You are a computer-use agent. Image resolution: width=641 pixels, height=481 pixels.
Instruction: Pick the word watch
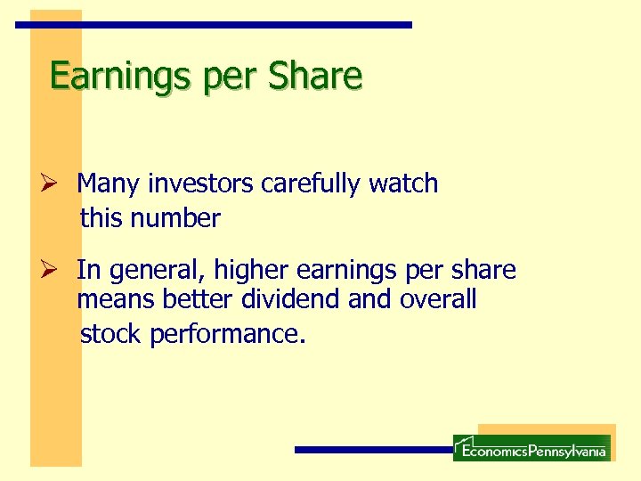[403, 183]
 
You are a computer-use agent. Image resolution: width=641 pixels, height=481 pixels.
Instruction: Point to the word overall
[438, 300]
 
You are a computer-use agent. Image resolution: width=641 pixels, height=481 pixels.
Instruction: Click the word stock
[112, 334]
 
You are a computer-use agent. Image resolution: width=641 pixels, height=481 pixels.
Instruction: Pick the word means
[117, 301]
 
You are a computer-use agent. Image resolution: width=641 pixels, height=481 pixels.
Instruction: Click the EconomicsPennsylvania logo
[531, 448]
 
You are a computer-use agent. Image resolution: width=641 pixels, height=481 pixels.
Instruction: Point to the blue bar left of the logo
[374, 450]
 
